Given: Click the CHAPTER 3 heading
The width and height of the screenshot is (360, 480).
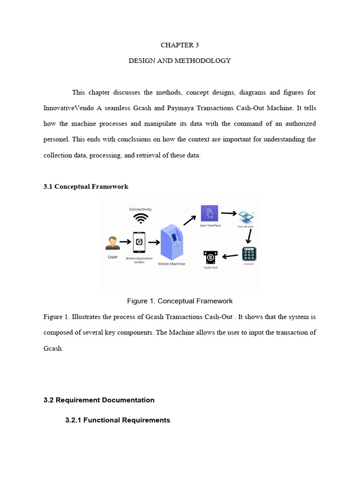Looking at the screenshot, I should [x=180, y=45].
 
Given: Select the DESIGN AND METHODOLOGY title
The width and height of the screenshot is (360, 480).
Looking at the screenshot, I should [x=180, y=60].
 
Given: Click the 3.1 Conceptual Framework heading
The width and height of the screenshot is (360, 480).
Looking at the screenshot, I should [x=86, y=187].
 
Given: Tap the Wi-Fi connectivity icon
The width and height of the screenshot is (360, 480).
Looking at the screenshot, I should [x=141, y=218].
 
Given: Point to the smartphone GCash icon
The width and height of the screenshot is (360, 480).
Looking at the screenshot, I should [x=139, y=243].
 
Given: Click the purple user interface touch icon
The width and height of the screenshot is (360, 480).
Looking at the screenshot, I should [x=209, y=214].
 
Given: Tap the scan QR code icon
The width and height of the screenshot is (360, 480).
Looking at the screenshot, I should [x=246, y=217].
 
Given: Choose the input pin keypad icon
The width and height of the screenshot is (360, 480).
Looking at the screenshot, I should [x=249, y=254].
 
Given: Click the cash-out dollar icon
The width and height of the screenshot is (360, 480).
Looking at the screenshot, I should [x=210, y=257].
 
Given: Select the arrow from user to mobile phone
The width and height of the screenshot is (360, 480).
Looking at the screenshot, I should [x=125, y=242].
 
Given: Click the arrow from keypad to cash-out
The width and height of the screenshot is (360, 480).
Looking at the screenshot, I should [x=230, y=256].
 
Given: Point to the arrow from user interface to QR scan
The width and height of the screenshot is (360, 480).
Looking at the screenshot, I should [x=229, y=213].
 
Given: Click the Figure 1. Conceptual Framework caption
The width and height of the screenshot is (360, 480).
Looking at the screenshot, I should [x=180, y=301].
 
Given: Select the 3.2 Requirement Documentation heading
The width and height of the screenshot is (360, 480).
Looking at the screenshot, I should [x=99, y=400].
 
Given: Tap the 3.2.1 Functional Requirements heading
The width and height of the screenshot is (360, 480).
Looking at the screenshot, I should [x=117, y=420].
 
